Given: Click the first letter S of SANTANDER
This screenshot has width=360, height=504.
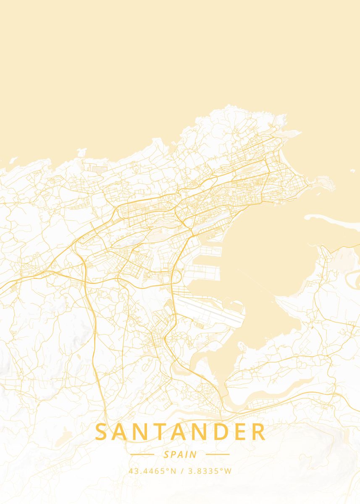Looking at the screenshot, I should pyautogui.click(x=102, y=432).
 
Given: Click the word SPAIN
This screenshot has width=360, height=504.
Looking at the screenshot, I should pyautogui.click(x=180, y=454).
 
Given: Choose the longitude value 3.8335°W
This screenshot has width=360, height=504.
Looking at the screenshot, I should pyautogui.click(x=209, y=471).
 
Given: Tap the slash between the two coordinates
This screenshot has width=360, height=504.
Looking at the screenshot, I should pyautogui.click(x=181, y=471).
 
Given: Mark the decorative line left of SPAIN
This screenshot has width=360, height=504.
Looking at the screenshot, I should pyautogui.click(x=142, y=454).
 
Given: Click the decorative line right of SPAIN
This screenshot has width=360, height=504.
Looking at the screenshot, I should pyautogui.click(x=218, y=454).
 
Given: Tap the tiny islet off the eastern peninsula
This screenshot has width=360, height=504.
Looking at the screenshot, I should pyautogui.click(x=352, y=171).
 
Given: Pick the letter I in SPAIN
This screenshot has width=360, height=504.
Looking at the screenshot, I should pyautogui.click(x=188, y=454).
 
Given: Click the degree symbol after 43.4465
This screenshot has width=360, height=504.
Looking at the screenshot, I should pyautogui.click(x=168, y=470).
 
